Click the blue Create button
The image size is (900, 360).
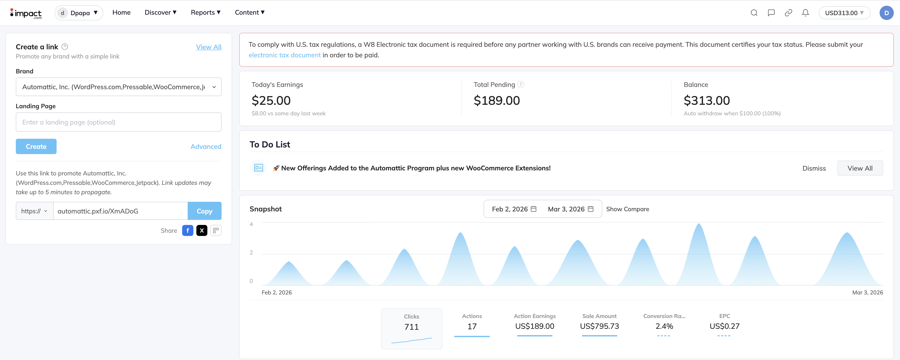click(x=36, y=147)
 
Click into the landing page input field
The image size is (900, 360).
click(x=118, y=122)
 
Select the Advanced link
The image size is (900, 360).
click(x=206, y=147)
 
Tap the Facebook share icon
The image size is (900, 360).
click(x=188, y=230)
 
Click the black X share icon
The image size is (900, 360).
click(x=202, y=230)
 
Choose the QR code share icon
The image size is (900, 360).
click(x=216, y=230)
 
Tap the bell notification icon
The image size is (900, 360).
click(x=805, y=13)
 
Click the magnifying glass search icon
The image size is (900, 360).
click(x=754, y=13)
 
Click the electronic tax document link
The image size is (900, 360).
click(x=284, y=55)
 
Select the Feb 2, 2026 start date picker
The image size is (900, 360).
click(x=514, y=209)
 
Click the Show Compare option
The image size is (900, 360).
click(x=628, y=209)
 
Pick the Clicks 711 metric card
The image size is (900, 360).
click(x=411, y=328)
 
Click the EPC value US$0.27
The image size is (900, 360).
click(x=724, y=326)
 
